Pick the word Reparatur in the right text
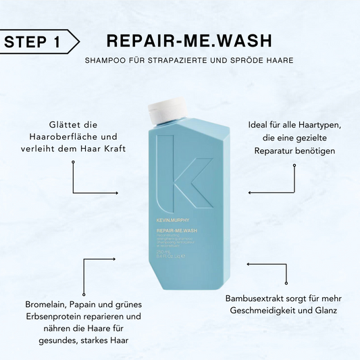277,149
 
